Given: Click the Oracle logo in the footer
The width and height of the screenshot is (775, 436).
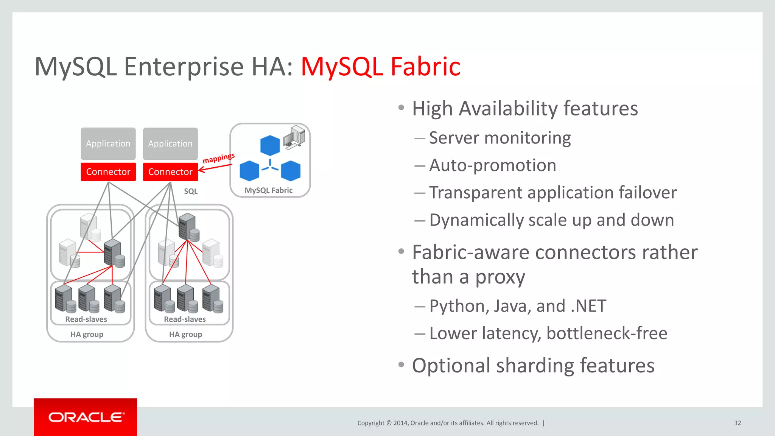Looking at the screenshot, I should point(86,417).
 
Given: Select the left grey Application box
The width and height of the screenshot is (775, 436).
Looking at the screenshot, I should point(108,143).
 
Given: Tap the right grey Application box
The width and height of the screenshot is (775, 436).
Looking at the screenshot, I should point(170,143).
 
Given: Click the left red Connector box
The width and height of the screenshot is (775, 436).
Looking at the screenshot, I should point(108,172).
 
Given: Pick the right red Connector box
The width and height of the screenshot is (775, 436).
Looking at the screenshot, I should point(170,172).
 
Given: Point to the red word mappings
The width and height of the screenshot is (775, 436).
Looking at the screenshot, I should point(218,158).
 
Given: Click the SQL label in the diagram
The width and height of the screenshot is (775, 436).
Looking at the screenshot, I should point(191,191).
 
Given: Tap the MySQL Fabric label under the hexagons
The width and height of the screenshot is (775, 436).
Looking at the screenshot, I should point(268,190).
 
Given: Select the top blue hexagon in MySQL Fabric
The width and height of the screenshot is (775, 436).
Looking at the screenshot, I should point(270,145).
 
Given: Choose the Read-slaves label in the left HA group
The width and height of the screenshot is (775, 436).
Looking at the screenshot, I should point(86,319).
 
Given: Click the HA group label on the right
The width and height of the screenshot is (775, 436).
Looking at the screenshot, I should point(185,334).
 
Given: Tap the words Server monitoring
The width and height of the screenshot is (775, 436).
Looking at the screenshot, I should point(500,138).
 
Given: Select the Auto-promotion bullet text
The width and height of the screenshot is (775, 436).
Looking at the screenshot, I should point(492,165).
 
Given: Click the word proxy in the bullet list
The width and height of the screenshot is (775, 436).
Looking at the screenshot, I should point(500,277).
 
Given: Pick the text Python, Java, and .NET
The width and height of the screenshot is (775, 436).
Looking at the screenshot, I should point(517,306).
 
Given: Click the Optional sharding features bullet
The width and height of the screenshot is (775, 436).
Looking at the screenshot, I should point(533,365).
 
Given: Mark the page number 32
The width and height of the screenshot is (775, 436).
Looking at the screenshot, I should point(738,423).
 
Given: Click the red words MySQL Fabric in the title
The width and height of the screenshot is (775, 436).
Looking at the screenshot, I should point(380,67).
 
